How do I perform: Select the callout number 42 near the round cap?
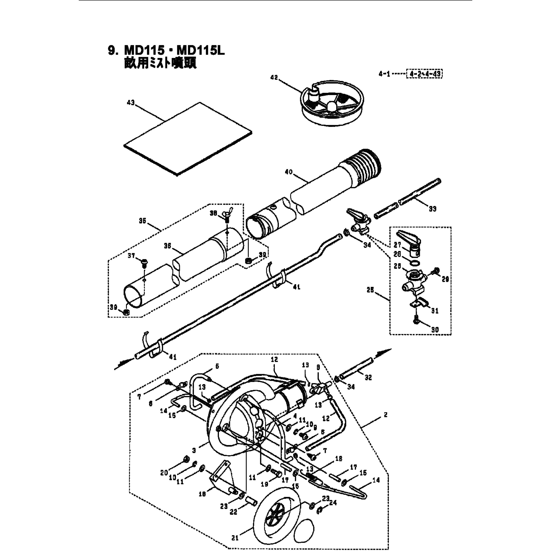(274, 77)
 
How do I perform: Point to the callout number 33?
(432, 209)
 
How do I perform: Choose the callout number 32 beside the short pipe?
(368, 377)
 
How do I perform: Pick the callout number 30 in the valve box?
(435, 330)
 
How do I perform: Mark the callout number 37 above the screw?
(131, 256)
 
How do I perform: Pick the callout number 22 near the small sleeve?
(233, 512)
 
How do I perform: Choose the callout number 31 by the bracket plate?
(435, 311)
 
